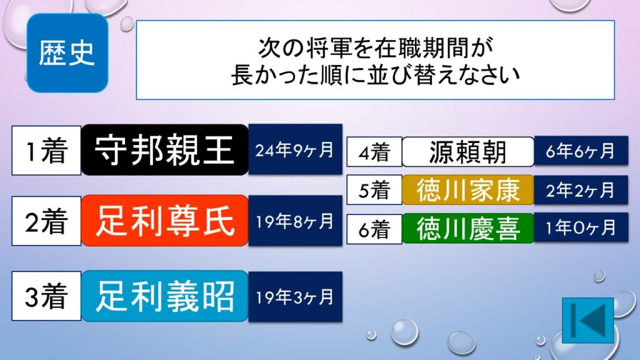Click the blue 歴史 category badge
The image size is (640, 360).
click(x=67, y=53)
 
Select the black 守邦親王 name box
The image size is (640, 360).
click(x=165, y=150)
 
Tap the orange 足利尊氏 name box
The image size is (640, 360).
click(x=165, y=221)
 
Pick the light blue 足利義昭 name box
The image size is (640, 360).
click(x=165, y=296)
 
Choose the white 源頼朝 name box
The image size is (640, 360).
click(x=468, y=152)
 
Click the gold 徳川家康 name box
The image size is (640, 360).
click(x=468, y=190)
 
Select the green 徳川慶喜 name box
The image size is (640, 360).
click(x=468, y=228)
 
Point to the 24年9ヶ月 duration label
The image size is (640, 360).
click(x=295, y=149)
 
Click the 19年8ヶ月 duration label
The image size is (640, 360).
click(x=295, y=221)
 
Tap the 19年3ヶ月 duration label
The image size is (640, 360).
click(x=295, y=296)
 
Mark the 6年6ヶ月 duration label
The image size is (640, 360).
click(x=581, y=151)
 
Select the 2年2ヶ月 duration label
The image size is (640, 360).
click(x=581, y=190)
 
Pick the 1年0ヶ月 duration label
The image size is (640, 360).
click(x=581, y=227)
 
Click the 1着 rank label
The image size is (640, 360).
click(x=46, y=151)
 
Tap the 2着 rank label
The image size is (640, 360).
click(x=46, y=221)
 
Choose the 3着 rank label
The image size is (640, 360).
click(x=46, y=296)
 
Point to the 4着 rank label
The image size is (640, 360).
click(x=374, y=152)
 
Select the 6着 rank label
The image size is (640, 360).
click(x=374, y=229)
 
